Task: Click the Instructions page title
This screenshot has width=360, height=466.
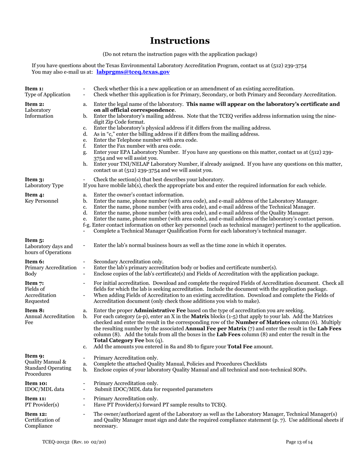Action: (x=180, y=41)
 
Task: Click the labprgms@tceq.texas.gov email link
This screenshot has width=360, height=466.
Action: (x=133, y=72)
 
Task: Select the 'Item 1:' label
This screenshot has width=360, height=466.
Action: (x=34, y=88)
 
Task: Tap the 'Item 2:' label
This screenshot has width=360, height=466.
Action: (x=34, y=104)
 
